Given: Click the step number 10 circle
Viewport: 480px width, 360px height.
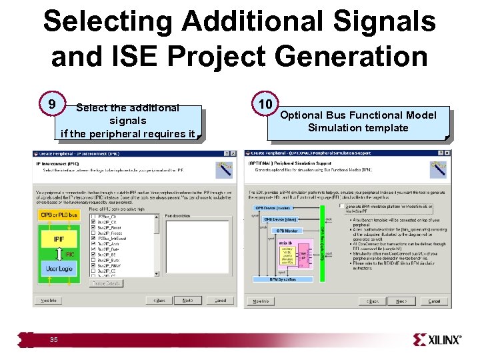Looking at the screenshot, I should point(264,105).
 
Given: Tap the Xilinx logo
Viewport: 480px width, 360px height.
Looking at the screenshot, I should point(437,340).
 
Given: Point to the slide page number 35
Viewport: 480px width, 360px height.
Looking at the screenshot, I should point(53,340).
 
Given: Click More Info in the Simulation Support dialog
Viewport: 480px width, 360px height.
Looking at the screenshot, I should point(257,301).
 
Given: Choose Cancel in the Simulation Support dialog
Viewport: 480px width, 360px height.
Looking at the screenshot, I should point(433,301).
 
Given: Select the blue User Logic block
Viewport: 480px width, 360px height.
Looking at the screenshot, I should point(60,268).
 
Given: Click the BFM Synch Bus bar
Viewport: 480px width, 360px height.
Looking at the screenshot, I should point(283,279).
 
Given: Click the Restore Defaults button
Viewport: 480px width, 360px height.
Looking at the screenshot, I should point(106,283).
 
